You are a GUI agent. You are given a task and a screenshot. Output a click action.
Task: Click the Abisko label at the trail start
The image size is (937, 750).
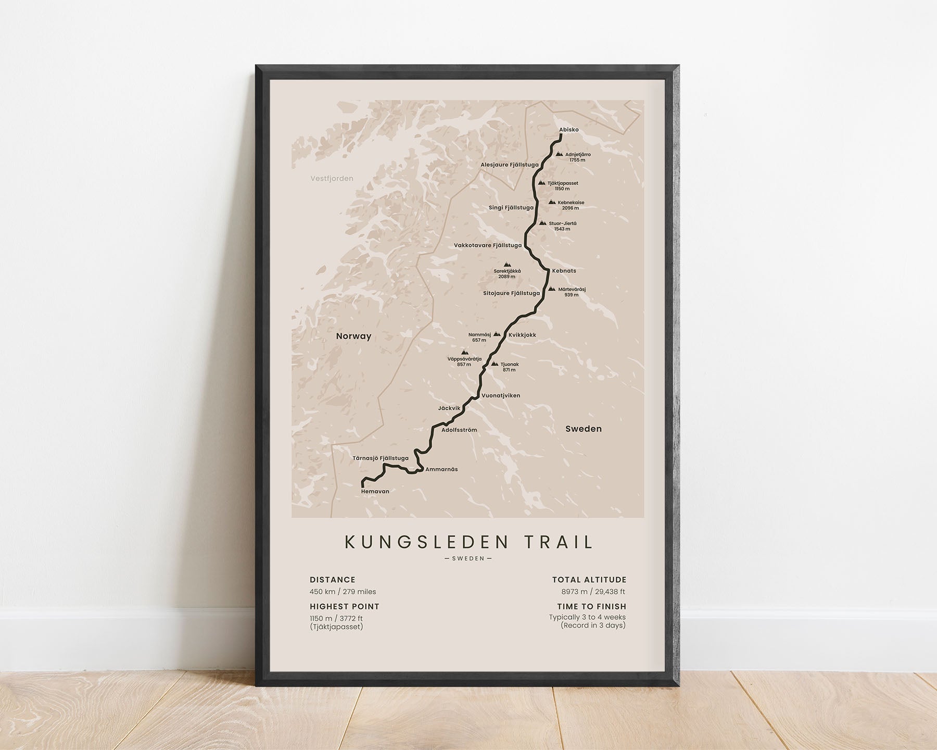[568, 130]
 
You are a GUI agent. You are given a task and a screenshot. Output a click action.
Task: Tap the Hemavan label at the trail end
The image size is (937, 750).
[375, 491]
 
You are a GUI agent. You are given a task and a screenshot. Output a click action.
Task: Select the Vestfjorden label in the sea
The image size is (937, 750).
[332, 179]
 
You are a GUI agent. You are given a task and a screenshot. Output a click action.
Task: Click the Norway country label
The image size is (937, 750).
[353, 336]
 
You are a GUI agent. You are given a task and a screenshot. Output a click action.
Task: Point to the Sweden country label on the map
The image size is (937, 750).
[583, 429]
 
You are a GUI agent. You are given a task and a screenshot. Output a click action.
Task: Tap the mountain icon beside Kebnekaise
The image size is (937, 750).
[552, 202]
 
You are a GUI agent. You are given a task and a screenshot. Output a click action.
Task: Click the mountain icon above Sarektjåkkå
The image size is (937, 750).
[507, 265]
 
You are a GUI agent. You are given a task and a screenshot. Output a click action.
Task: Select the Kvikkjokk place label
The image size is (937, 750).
[522, 335]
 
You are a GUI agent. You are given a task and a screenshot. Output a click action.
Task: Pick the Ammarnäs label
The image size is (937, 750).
[441, 469]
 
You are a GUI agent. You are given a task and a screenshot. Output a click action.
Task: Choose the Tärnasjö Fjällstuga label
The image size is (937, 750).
[380, 458]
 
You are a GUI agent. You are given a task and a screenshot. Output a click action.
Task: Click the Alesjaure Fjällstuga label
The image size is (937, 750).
[509, 165]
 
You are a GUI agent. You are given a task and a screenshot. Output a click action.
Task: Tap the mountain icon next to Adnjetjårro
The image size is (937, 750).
[559, 154]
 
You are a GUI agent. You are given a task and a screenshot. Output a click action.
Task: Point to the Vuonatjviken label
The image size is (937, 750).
[501, 395]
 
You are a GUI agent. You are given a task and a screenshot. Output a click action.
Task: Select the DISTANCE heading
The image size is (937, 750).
[332, 580]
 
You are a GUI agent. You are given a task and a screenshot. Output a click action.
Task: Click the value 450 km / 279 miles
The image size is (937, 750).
[343, 592]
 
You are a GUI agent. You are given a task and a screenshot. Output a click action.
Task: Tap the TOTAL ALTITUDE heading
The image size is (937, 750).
[589, 580]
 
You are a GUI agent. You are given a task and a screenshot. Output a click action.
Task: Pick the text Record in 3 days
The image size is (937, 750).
[593, 625]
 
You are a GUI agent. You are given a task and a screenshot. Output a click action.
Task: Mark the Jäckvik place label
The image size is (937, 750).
[449, 408]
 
